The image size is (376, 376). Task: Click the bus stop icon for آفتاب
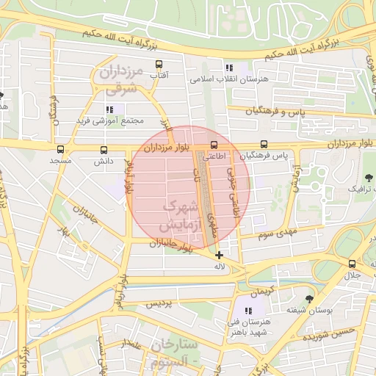(x=156, y=65)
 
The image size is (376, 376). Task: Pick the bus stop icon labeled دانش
(x=102, y=150)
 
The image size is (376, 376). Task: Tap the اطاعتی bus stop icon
(x=214, y=145)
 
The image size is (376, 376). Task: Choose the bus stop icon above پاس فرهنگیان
(x=264, y=145)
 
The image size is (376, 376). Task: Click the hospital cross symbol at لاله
(x=219, y=255)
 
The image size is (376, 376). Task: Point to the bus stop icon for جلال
(x=352, y=264)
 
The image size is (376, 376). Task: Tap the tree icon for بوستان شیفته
(x=309, y=300)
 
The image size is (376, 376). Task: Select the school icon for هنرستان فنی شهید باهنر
(x=248, y=311)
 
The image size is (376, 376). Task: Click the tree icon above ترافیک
(x=368, y=178)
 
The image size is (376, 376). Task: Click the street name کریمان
(x=261, y=289)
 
